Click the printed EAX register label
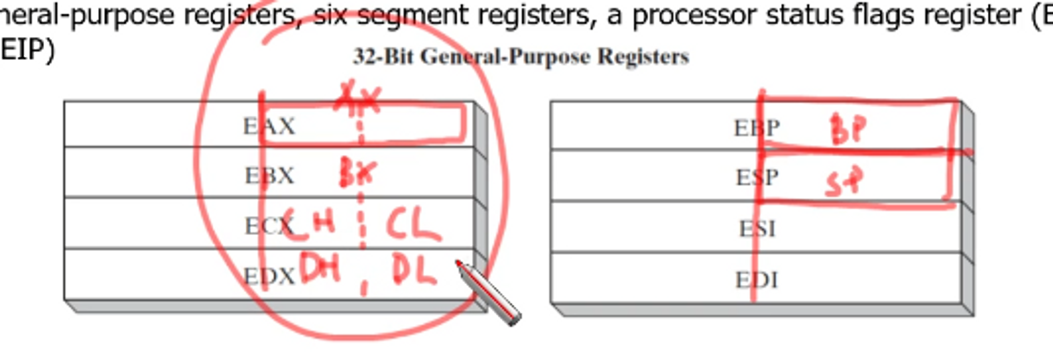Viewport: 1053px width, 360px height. (x=269, y=126)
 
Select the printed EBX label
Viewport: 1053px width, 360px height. (x=269, y=176)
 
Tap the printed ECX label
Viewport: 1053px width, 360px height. (x=268, y=226)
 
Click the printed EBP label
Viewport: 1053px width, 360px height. (x=757, y=128)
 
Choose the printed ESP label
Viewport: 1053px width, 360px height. (x=757, y=178)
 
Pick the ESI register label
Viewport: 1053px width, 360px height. (x=757, y=229)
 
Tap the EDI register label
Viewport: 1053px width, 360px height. (x=757, y=279)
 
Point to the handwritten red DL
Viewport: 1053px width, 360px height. (x=414, y=271)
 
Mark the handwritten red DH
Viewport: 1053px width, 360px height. (x=320, y=268)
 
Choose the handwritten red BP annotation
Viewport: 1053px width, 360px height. (x=848, y=129)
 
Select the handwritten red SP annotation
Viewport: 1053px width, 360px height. (x=845, y=182)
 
